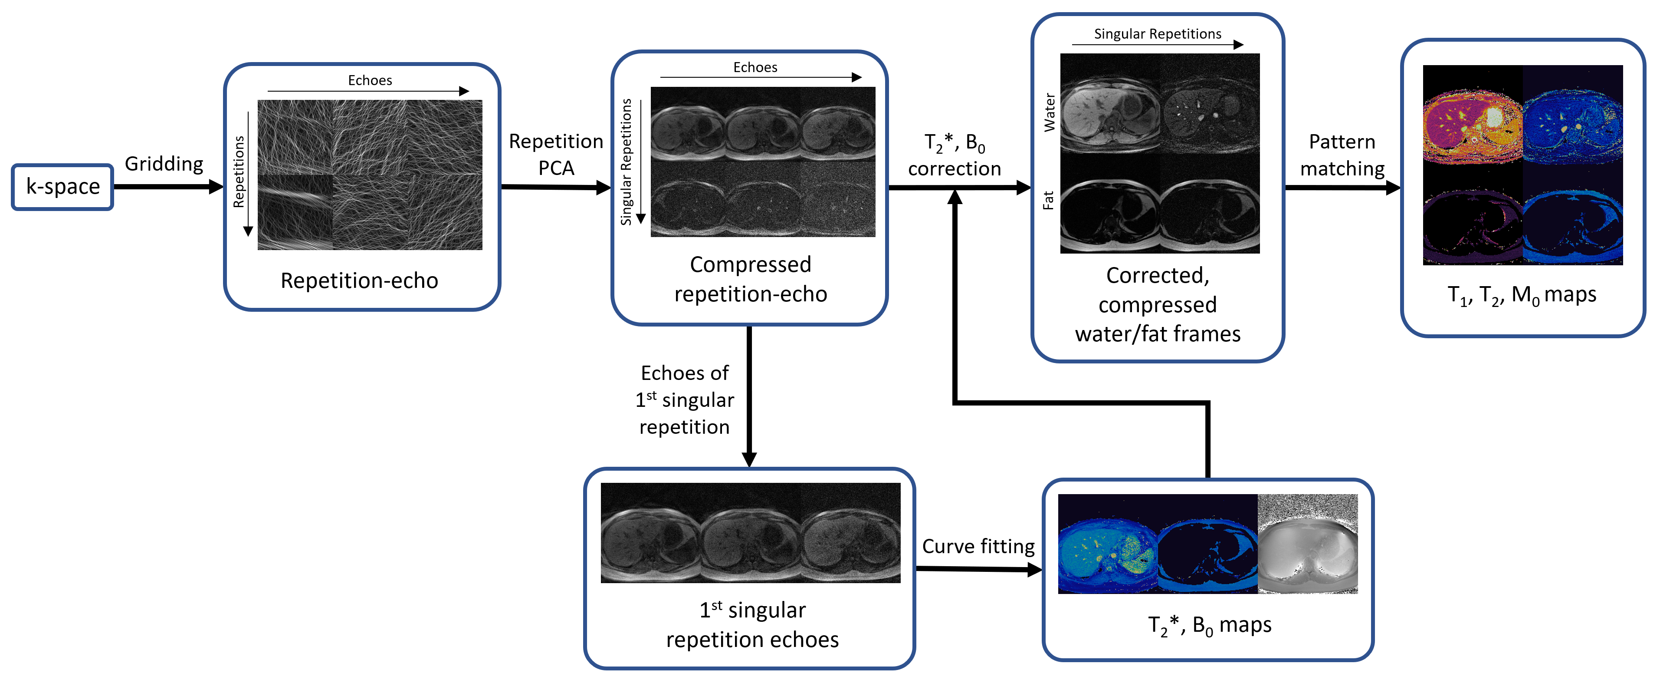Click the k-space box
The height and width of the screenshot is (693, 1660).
point(62,187)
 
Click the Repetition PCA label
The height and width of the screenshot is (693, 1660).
point(556,155)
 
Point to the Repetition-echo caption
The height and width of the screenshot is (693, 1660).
point(360,280)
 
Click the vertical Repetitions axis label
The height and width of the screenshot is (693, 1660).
point(239,172)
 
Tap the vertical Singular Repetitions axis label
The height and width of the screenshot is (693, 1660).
point(626,162)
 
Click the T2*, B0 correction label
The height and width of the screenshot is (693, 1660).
point(955,155)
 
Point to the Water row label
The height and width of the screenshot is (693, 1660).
point(1050,113)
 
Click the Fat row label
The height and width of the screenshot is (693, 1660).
point(1048,200)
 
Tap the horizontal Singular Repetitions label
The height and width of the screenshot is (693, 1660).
point(1158,33)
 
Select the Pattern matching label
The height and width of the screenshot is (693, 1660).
point(1342,155)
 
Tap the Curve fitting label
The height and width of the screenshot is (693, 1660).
point(978,546)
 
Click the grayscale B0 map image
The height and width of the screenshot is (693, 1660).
point(1308,544)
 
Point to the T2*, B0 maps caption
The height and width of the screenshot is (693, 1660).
point(1210,625)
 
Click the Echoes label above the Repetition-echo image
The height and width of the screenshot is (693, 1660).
point(370,80)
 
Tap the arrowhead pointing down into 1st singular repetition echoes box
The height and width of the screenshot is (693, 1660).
point(749,459)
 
